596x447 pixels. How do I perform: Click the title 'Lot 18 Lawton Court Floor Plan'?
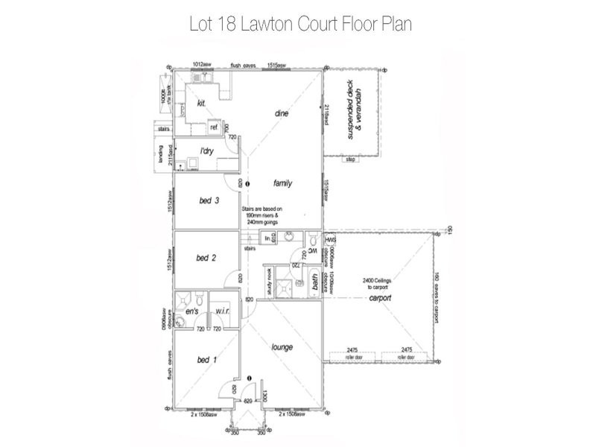(300, 24)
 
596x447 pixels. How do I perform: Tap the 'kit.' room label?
(201, 104)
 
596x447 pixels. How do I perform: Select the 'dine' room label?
(281, 113)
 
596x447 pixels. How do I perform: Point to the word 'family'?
(283, 183)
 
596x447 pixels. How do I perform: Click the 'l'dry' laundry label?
(207, 150)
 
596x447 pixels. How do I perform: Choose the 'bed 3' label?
(209, 200)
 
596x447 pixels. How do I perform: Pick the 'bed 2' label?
(206, 258)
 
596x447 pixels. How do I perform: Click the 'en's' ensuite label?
(191, 310)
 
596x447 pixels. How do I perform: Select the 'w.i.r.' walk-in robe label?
(221, 311)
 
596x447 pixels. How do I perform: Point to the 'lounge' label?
(282, 347)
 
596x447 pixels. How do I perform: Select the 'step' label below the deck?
(349, 159)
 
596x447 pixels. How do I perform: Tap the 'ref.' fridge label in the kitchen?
(213, 127)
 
